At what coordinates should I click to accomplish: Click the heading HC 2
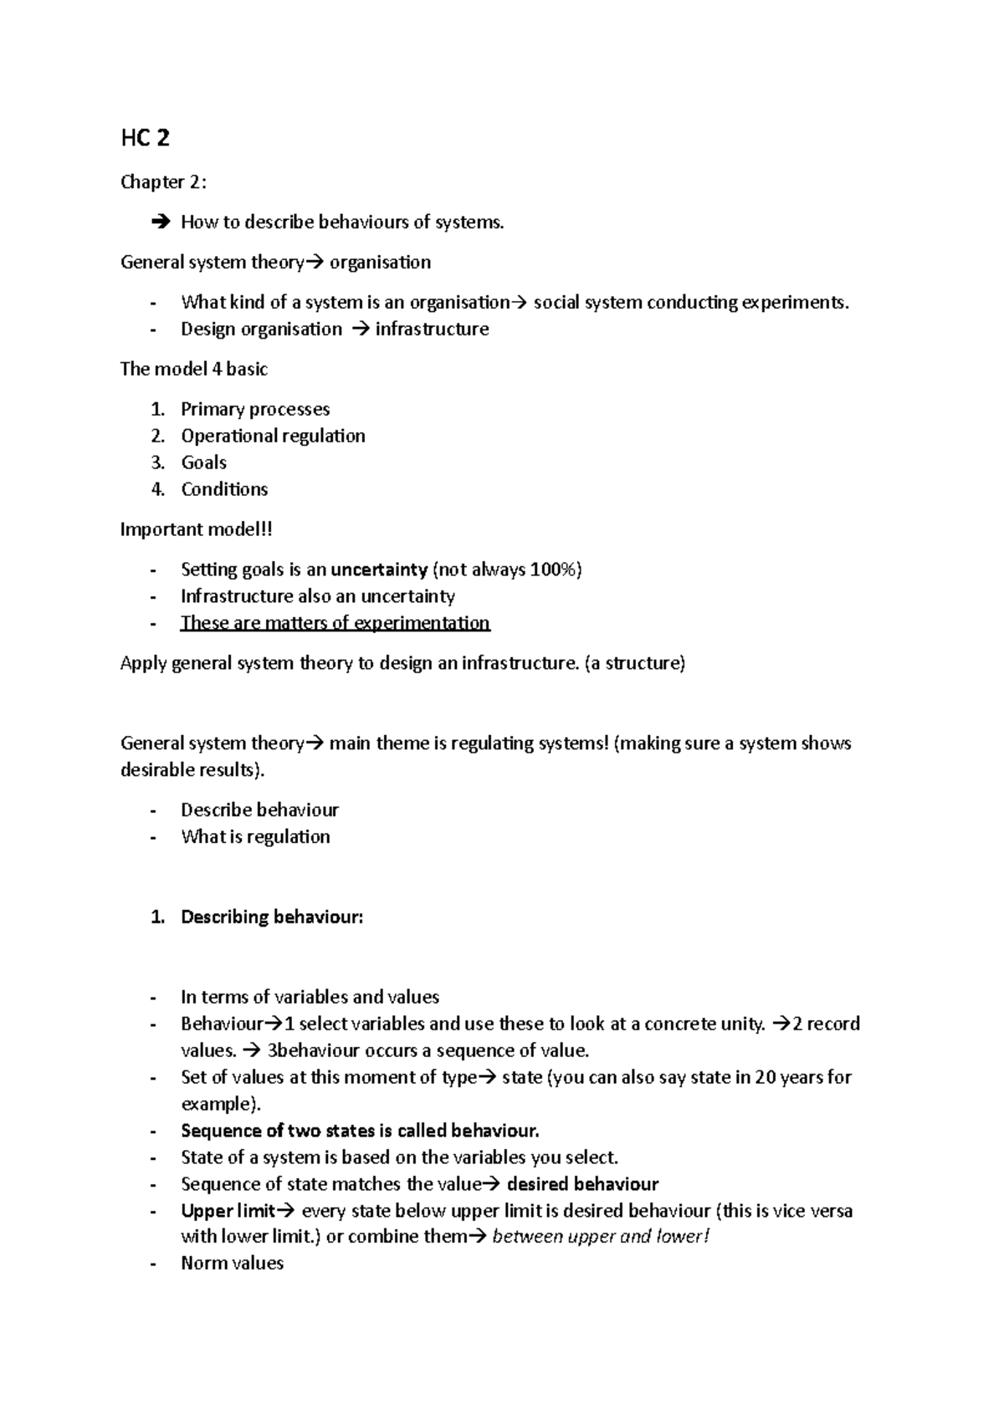click(x=145, y=139)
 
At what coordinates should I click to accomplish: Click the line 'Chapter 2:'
click(x=163, y=182)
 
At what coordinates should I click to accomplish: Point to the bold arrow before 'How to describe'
click(x=160, y=222)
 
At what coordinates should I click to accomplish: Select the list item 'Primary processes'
click(x=255, y=409)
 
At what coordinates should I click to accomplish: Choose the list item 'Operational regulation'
click(x=273, y=436)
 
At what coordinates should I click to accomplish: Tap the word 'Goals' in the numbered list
click(x=203, y=462)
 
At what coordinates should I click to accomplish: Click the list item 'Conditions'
click(x=224, y=489)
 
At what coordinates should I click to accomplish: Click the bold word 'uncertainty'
click(x=379, y=570)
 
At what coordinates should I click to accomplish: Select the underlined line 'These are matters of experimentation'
click(x=335, y=623)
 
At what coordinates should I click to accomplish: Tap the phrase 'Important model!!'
click(x=197, y=529)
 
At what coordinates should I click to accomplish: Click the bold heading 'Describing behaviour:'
click(x=272, y=917)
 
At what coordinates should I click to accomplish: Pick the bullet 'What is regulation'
click(x=255, y=836)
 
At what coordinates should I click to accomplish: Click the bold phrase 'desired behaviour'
click(x=582, y=1184)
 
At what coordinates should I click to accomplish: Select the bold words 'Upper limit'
click(x=228, y=1211)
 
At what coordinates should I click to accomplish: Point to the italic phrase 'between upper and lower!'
click(x=600, y=1237)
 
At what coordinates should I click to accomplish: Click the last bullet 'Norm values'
click(x=232, y=1264)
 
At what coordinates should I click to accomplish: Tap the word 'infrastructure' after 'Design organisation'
click(x=432, y=329)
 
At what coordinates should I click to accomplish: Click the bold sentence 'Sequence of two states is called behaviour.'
click(x=360, y=1131)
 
